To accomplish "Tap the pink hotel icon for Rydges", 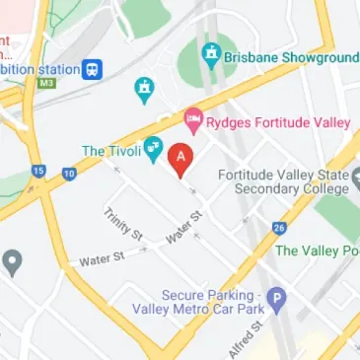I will [x=193, y=122].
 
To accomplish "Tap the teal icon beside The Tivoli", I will [x=153, y=150].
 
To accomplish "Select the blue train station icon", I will [x=92, y=69].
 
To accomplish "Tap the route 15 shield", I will [x=38, y=171].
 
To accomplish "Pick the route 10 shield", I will [x=69, y=174].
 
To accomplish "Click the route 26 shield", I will [x=279, y=228].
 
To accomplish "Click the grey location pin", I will [x=12, y=261].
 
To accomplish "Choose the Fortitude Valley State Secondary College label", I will [x=284, y=182].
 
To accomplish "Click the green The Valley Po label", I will [x=316, y=251].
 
